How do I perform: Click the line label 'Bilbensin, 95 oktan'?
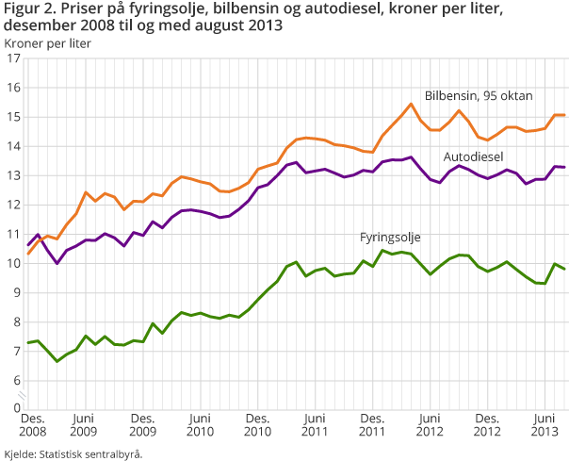478,95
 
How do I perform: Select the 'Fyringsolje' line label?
390,236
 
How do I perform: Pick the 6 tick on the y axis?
15,381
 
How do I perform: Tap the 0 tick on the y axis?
15,408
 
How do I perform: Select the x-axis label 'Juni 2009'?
85,423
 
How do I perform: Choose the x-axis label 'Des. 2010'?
257,423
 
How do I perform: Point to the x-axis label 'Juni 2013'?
545,423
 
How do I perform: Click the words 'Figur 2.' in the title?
26,9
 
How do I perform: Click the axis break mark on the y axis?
27,395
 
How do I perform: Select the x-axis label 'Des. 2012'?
487,423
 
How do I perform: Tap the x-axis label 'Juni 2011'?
315,423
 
